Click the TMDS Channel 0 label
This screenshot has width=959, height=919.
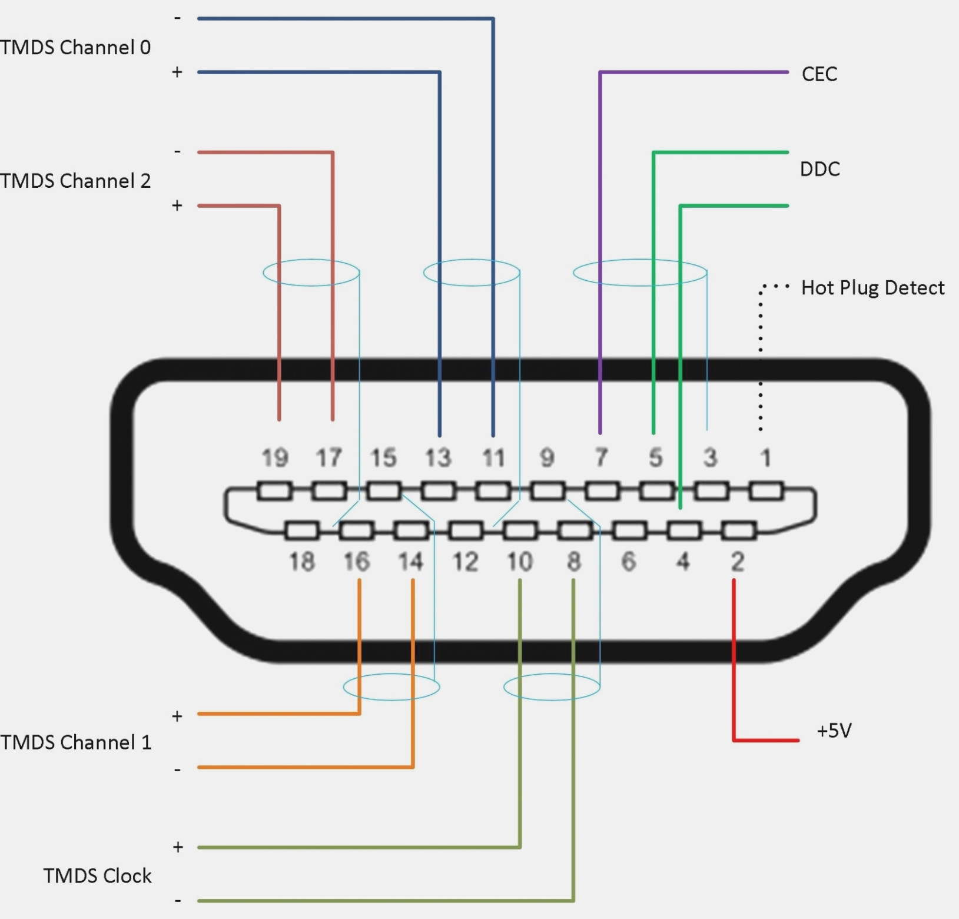(x=75, y=47)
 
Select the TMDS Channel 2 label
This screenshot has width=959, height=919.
(x=75, y=181)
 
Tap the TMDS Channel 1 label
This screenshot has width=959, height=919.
(x=75, y=742)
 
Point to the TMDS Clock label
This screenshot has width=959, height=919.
(x=97, y=876)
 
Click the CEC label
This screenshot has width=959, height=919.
(x=819, y=74)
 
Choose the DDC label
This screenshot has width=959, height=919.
(x=819, y=170)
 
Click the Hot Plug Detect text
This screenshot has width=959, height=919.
(x=872, y=288)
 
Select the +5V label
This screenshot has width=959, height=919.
(x=834, y=731)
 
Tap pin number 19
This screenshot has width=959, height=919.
(x=275, y=458)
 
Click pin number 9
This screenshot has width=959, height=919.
(x=547, y=458)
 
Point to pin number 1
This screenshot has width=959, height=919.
(x=765, y=458)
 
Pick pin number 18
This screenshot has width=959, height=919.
(x=302, y=562)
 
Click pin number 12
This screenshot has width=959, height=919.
(x=465, y=562)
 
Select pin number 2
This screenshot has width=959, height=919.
(x=737, y=562)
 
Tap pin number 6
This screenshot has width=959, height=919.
(x=628, y=562)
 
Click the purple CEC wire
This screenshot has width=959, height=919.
(x=600, y=235)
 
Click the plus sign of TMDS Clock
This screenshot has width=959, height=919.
(x=178, y=847)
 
